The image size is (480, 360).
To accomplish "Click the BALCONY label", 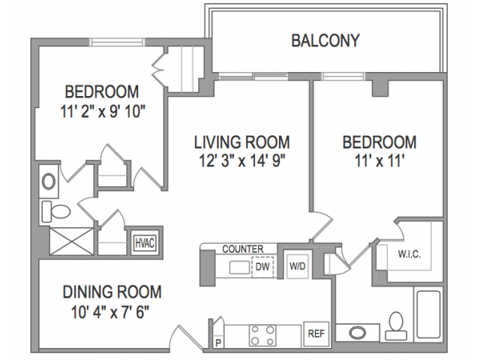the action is click(x=325, y=40).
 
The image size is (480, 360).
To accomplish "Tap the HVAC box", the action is click(x=145, y=243).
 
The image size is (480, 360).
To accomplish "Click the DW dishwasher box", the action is click(x=262, y=267).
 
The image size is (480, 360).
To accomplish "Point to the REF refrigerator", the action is click(x=316, y=334).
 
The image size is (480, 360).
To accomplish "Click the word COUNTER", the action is click(x=243, y=249).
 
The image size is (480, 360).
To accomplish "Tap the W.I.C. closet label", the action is click(x=409, y=254).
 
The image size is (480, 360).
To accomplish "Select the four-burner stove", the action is click(x=262, y=335).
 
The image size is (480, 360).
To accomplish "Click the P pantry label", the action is click(x=218, y=343).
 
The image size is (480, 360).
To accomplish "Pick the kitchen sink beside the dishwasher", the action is click(x=240, y=267).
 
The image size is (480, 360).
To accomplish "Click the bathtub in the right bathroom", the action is click(x=428, y=314).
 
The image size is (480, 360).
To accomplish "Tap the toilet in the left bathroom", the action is click(x=56, y=211).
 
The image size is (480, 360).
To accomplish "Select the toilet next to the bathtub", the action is click(x=396, y=325).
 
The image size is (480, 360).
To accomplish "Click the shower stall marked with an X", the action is click(x=71, y=241).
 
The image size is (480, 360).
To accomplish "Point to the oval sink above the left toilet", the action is click(x=49, y=181).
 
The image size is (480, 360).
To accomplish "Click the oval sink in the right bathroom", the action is click(x=357, y=333).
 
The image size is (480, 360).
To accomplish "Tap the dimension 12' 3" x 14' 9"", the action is click(x=241, y=160).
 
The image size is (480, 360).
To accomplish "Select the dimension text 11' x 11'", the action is click(x=379, y=160).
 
